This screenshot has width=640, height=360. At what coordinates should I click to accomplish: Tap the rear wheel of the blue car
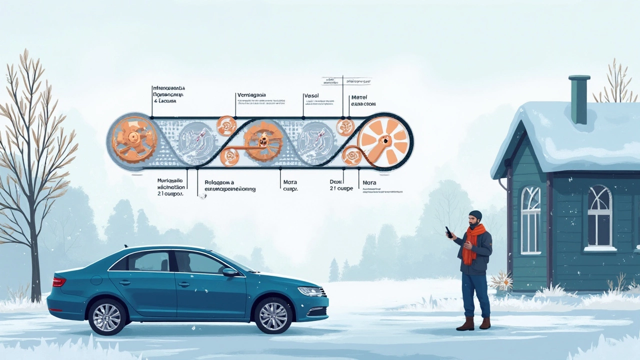tap(107, 316)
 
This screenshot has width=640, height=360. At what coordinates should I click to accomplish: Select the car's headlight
tap(310, 291)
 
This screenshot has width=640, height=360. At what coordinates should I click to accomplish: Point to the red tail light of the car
tap(59, 282)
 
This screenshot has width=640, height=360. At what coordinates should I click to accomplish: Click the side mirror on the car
tap(230, 272)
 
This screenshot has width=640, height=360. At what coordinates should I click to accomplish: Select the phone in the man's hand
tap(449, 232)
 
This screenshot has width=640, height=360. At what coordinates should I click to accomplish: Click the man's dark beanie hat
tap(475, 215)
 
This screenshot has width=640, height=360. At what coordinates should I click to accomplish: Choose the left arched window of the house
tap(530, 219)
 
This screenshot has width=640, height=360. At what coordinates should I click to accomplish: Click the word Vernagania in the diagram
tap(251, 95)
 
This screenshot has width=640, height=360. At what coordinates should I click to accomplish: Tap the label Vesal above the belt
tap(311, 95)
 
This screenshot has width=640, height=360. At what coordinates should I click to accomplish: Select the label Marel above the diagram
tap(359, 97)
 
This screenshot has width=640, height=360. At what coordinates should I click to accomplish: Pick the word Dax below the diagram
tap(335, 182)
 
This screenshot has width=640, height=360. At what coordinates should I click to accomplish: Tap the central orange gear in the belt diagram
tap(262, 141)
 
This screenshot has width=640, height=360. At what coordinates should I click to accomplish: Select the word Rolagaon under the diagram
tap(219, 183)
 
